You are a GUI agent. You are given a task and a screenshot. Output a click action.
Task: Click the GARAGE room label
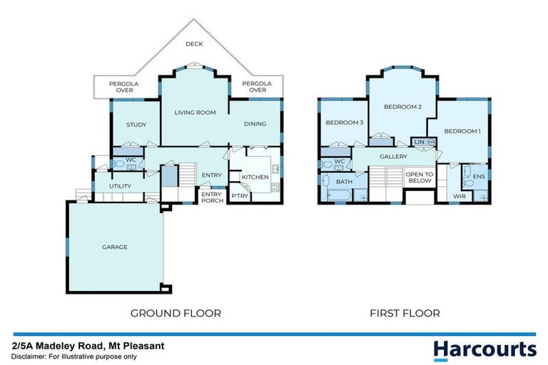tap(114, 247)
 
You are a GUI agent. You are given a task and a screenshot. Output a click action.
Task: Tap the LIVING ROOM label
tap(196, 113)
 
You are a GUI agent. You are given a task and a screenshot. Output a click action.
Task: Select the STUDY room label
tap(136, 125)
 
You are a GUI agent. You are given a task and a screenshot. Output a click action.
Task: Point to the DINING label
tap(255, 124)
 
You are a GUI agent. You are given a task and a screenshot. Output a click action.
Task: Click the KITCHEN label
tap(255, 177)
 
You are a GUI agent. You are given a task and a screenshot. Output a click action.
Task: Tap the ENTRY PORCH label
tap(212, 197)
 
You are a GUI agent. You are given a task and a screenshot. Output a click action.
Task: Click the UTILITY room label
tap(120, 186)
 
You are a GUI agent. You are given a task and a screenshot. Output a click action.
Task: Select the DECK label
tap(194, 44)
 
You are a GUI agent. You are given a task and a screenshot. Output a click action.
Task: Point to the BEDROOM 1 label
tap(462, 131)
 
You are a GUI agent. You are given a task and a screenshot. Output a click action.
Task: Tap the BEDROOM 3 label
tap(345, 123)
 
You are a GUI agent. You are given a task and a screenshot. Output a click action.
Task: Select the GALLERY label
tap(393, 156)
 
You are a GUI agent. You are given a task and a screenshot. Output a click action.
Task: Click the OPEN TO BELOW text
tap(419, 178)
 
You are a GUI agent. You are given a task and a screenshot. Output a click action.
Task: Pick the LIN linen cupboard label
tap(419, 143)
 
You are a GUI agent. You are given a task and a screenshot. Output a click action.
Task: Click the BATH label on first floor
tap(345, 182)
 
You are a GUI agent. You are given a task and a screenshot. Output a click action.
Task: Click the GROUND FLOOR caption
tap(176, 313)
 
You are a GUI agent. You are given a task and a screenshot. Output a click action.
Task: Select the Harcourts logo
tap(484, 349)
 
